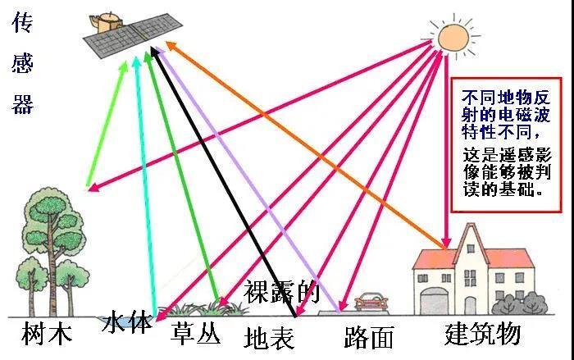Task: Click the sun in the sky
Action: pos(453,37)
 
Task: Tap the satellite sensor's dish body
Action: pos(107,23)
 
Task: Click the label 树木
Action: pos(47,333)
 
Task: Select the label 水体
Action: pos(126,322)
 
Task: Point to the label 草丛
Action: pos(196,333)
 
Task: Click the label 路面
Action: pos(369,337)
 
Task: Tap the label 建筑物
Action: pos(483,333)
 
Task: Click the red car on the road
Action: pos(371,302)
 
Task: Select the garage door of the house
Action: pos(434,301)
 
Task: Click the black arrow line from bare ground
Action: pos(223,181)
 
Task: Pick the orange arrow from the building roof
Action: pos(306,145)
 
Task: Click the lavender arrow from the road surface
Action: pos(248,180)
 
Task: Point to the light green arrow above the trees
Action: pos(107,124)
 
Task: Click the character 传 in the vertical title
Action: pos(23,23)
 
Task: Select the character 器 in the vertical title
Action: pos(23,103)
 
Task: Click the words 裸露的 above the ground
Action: pos(282,291)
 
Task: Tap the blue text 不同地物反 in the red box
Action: pos(506,98)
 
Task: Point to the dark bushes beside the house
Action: pos(520,303)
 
